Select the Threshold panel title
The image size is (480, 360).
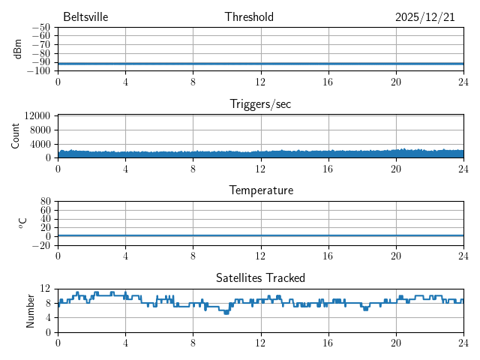coord(249,17)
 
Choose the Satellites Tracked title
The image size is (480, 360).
coord(260,277)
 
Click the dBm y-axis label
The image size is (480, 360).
coord(17,49)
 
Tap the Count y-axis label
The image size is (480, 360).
coord(16,136)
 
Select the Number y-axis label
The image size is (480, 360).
coord(30,310)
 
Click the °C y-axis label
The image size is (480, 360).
coord(22,223)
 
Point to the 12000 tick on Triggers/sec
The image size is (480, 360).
coord(37,116)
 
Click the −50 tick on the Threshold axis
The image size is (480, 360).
coord(40,27)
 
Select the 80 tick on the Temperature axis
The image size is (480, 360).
coord(46,202)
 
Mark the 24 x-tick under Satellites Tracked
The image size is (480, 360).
coord(463,342)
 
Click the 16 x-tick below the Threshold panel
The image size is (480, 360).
coord(328,82)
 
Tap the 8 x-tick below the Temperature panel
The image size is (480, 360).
coord(193,256)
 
